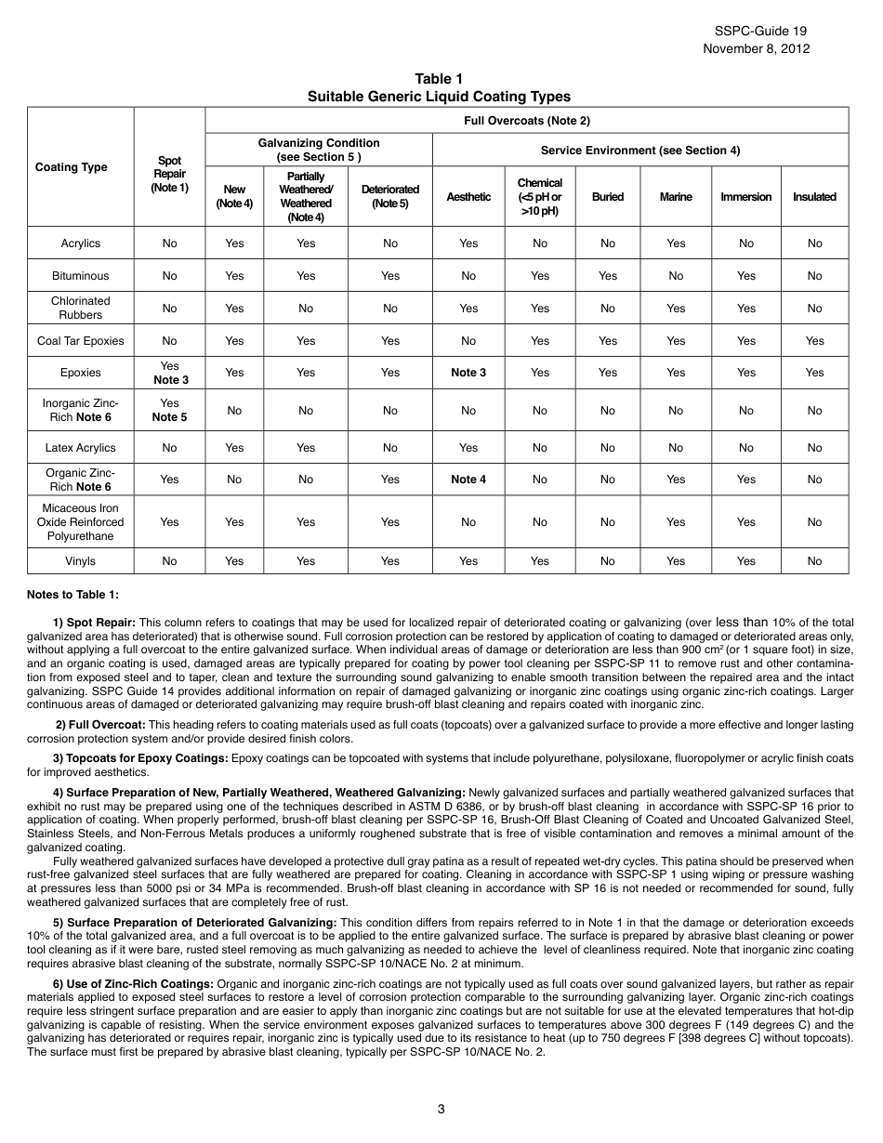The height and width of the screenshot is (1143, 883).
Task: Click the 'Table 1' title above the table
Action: tap(439, 79)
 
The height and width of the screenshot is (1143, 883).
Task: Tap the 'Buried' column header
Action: tap(607, 197)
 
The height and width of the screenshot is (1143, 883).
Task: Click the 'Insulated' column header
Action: tap(814, 197)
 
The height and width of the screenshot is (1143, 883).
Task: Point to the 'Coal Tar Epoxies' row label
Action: tap(81, 341)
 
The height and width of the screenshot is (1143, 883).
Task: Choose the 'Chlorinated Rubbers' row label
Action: tap(81, 308)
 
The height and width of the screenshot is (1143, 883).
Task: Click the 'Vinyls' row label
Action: tap(81, 561)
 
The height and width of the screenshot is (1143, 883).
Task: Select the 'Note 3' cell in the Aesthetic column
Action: tap(468, 373)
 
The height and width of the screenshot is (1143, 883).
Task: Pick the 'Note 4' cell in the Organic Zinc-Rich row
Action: tap(468, 480)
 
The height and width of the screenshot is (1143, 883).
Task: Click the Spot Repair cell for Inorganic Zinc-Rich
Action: tap(169, 410)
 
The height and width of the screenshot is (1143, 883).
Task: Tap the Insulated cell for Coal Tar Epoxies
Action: tap(814, 341)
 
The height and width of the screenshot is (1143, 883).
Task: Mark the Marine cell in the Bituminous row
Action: tap(676, 276)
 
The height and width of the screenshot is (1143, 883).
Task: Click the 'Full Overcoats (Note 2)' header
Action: tap(526, 121)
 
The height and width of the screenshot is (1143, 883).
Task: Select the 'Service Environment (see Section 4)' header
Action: tap(640, 151)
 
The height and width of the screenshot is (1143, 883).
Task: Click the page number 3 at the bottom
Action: tap(441, 1108)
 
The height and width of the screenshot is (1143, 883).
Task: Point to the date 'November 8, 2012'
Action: tap(756, 49)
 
